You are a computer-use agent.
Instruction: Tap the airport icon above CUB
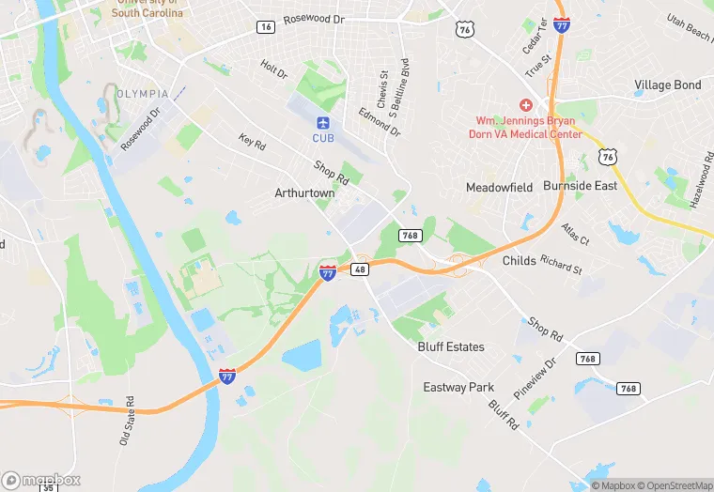tap(323, 123)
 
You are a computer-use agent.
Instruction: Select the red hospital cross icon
tap(526, 105)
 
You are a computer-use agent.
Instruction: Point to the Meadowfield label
tap(500, 188)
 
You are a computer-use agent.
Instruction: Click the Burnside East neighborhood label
tap(580, 186)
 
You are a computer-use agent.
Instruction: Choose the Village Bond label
tap(667, 85)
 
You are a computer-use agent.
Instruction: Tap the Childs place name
tap(520, 261)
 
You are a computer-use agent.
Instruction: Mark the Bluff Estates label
tap(451, 347)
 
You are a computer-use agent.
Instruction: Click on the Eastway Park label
tap(458, 388)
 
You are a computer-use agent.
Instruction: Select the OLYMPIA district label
tap(143, 94)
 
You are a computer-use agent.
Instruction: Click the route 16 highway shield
tap(267, 27)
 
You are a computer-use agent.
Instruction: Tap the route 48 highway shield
tap(359, 269)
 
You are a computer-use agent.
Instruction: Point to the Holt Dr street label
tap(274, 69)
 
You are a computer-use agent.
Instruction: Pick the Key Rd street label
tap(252, 143)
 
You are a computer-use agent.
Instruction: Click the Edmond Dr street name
tap(379, 120)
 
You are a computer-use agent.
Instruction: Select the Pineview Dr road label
tap(536, 377)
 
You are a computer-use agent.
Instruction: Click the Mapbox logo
tap(40, 480)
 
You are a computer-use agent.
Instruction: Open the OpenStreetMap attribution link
tap(675, 485)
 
